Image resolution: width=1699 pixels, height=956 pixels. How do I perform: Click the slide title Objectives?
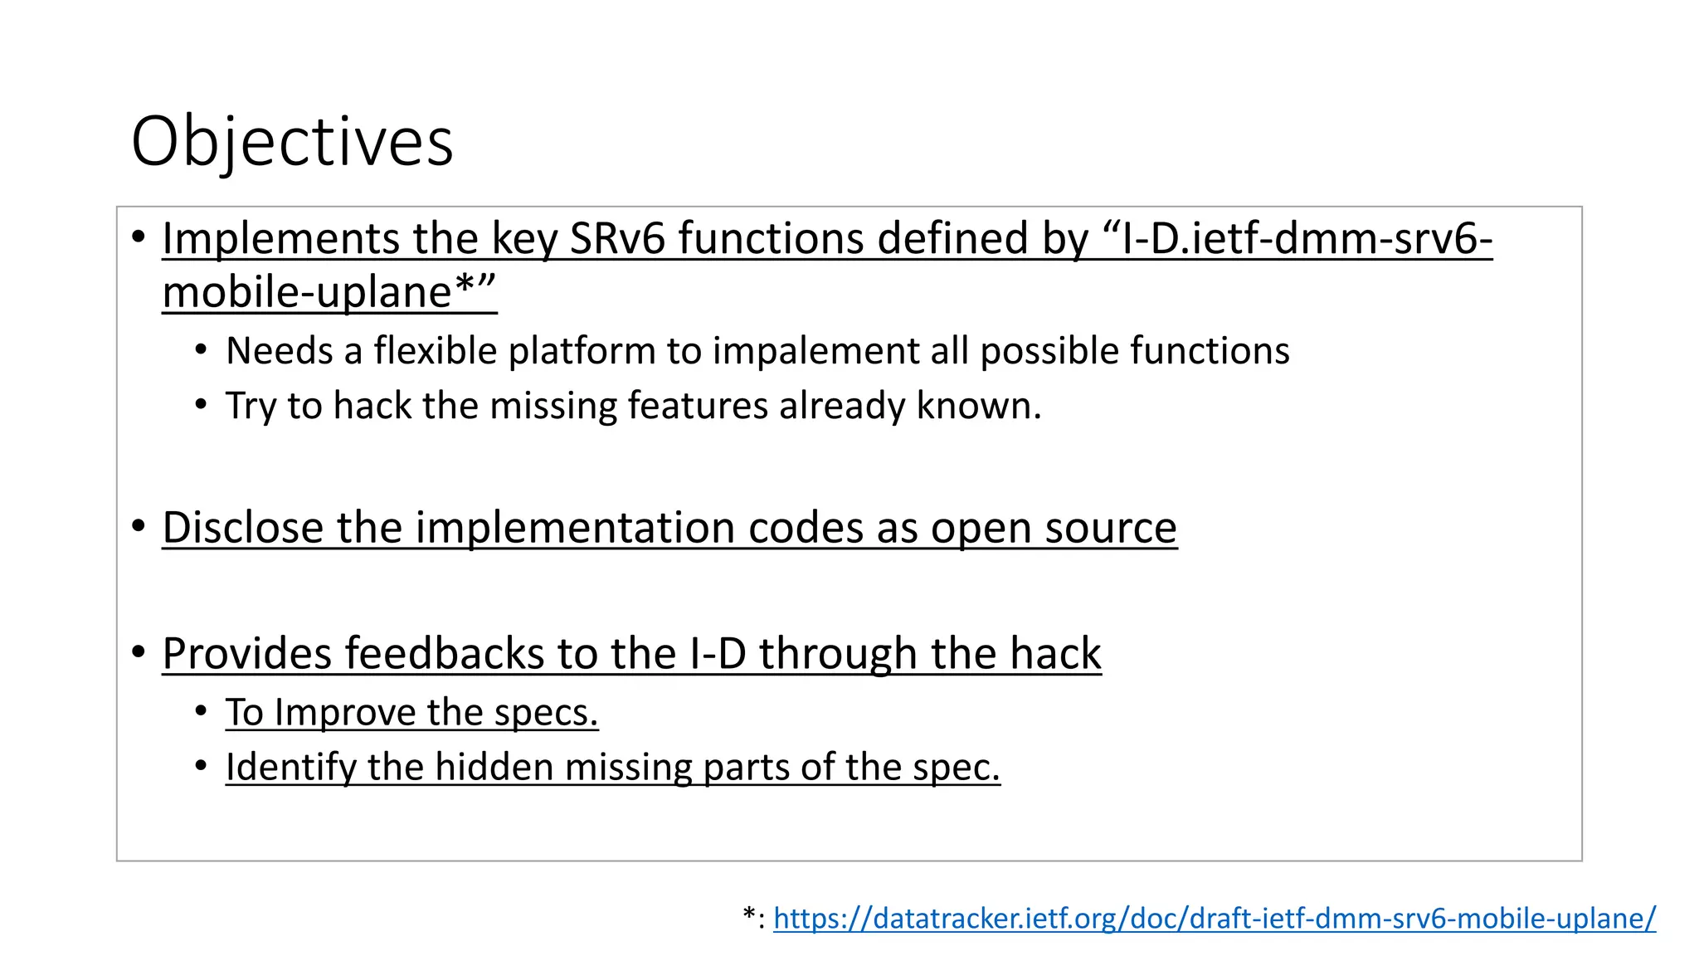292,142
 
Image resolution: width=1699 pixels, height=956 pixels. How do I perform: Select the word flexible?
435,351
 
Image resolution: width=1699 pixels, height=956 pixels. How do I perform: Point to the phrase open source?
1053,528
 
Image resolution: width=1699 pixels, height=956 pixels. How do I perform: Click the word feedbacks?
444,654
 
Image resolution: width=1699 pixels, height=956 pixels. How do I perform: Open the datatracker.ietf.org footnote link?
1214,918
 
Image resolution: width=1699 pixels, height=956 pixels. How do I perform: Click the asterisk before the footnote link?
749,915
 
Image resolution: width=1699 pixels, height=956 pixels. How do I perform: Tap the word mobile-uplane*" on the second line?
329,293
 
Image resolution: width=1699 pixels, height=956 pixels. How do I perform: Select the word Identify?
290,767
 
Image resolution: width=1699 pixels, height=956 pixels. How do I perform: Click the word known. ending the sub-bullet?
978,406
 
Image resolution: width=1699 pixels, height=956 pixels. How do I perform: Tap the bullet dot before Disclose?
139,526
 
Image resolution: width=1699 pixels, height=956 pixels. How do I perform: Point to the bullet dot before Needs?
201,350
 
